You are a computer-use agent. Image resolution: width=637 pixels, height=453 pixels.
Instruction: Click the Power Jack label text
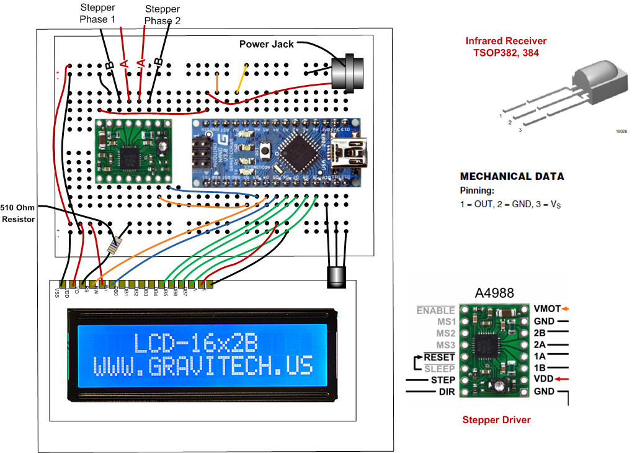(x=267, y=44)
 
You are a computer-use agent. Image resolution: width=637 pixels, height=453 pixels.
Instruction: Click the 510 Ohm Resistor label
(x=18, y=213)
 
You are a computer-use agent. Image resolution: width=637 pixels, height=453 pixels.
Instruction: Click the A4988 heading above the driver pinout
(x=494, y=293)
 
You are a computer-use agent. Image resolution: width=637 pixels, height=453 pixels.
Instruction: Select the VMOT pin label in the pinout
(x=546, y=308)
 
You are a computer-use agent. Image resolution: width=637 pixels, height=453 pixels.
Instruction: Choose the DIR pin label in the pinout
(x=447, y=392)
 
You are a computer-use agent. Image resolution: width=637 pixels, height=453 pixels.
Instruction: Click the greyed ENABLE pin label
(x=436, y=310)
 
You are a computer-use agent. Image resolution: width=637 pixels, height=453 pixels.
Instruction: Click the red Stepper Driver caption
(x=496, y=420)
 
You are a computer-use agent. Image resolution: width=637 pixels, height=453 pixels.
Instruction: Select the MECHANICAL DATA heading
(x=512, y=176)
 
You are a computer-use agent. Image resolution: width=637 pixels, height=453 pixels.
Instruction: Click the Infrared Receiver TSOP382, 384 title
(x=506, y=47)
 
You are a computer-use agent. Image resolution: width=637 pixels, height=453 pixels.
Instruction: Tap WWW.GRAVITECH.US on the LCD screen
(x=203, y=366)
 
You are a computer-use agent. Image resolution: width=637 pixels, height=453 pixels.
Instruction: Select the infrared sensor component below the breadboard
(x=336, y=276)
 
